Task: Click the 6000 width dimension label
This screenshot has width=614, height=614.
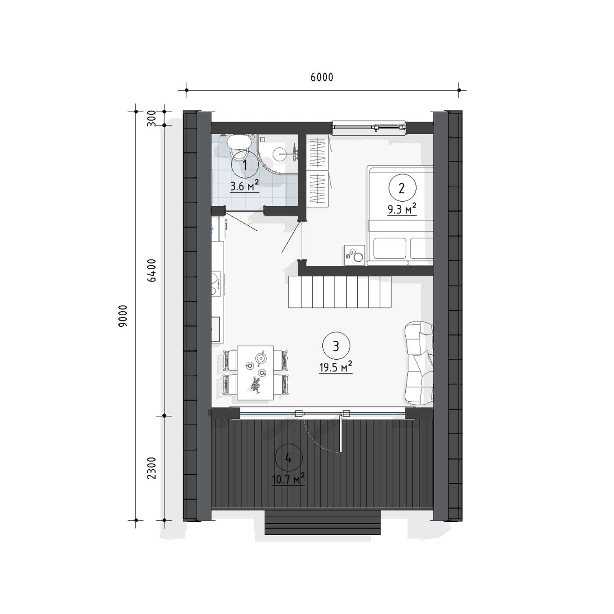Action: point(322,77)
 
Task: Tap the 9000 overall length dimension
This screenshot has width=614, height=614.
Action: point(123,316)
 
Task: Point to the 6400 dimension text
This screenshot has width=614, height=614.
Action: point(152,270)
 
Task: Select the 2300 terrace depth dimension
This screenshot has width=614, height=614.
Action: point(152,468)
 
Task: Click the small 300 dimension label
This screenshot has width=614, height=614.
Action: point(152,118)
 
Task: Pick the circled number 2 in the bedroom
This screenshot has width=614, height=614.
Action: point(402,188)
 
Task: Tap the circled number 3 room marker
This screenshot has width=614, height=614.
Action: point(336,346)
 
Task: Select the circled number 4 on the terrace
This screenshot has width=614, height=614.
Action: point(288,458)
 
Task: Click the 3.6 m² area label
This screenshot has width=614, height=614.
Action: point(244,186)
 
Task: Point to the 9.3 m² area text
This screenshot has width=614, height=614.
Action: point(402,209)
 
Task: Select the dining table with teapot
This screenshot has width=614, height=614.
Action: point(255,372)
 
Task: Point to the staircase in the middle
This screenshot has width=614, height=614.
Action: point(339,292)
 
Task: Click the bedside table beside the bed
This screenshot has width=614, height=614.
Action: point(355,255)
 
